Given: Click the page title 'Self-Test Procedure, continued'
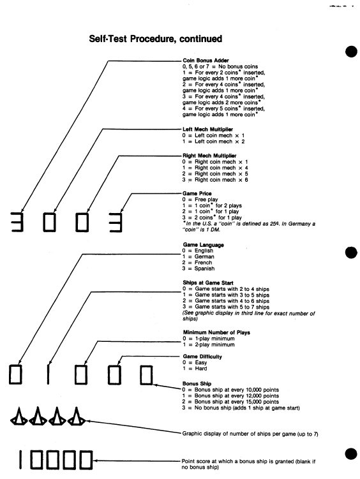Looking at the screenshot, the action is (156, 39).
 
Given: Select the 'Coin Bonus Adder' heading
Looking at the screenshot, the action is (206, 61).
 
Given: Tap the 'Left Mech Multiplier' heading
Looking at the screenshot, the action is (208, 129).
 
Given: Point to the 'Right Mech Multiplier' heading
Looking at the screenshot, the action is (209, 156).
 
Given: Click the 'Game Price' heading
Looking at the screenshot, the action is (197, 193).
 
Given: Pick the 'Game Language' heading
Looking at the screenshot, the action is (204, 245).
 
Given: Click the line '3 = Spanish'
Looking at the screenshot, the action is (199, 269).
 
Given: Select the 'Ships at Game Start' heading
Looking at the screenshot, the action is (208, 283).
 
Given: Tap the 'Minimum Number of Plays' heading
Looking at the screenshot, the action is (216, 332).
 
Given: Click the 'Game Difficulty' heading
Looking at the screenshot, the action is (202, 357).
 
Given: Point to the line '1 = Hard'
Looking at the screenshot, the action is (195, 369).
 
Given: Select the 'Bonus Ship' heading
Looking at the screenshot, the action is (197, 384).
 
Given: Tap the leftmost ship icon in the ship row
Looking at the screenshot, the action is (19, 416).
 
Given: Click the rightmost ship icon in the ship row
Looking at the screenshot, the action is (77, 416).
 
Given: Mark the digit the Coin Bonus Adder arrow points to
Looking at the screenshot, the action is (17, 222).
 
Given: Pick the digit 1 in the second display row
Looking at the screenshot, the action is (49, 374).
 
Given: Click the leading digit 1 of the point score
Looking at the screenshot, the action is (20, 460).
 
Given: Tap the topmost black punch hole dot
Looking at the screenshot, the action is (351, 51).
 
